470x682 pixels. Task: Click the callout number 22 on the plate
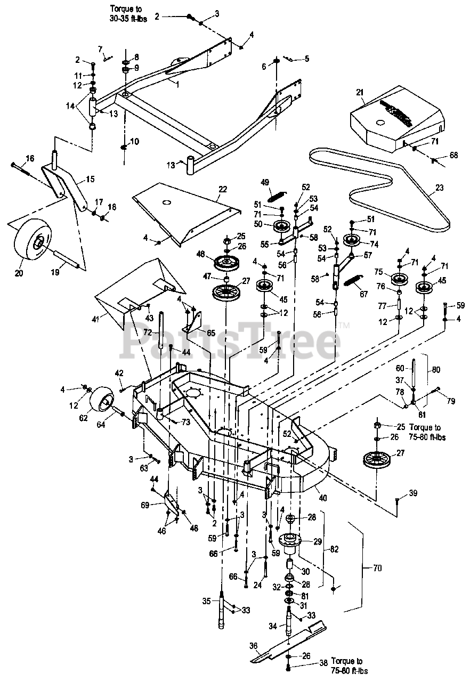(x=223, y=189)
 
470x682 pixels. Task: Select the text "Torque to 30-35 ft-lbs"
(x=128, y=13)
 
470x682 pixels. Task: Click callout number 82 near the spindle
(x=334, y=549)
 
